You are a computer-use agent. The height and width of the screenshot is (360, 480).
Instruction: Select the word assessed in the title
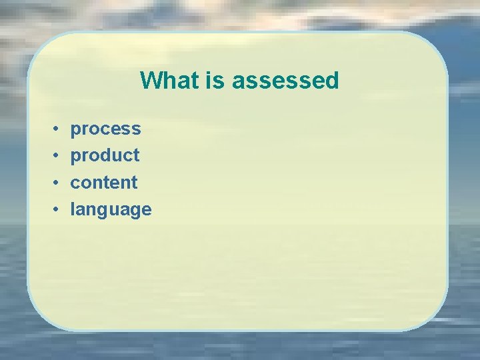(x=285, y=81)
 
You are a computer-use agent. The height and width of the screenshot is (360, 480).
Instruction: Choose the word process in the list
(x=105, y=129)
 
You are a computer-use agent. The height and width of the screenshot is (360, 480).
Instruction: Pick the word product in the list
(x=105, y=155)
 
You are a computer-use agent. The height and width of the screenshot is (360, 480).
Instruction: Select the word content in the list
(x=104, y=182)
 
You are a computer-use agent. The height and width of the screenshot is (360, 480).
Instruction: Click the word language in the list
(x=111, y=210)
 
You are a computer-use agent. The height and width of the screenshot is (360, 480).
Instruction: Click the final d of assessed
(x=333, y=81)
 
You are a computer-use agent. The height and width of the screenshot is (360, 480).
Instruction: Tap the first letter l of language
(x=73, y=209)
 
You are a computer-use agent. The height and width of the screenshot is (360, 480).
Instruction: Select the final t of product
(x=136, y=155)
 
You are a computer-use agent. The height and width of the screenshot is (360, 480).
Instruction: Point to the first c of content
(x=75, y=183)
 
